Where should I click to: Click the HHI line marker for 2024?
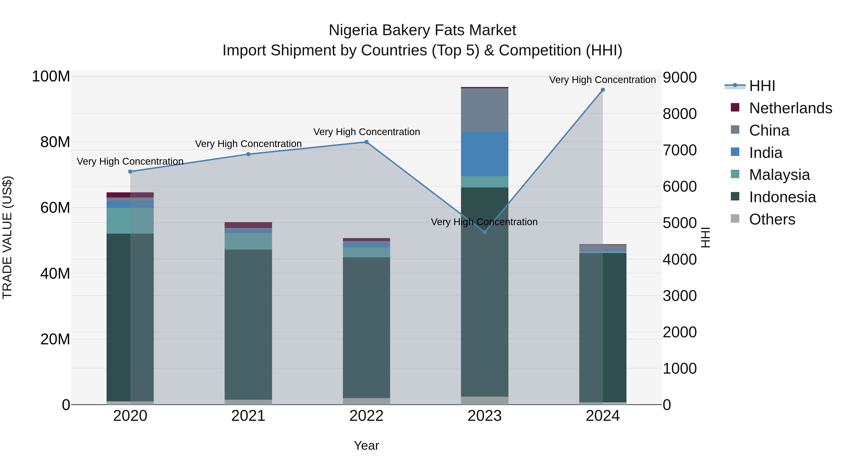[x=603, y=90]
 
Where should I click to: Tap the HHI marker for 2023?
[x=484, y=232]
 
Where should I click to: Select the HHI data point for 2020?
[x=130, y=171]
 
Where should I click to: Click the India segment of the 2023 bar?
[x=484, y=154]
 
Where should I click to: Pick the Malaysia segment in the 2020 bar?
[x=130, y=221]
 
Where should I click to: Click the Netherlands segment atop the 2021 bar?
[x=248, y=225]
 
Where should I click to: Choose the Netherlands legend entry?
[x=791, y=108]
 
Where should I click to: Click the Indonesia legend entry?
[x=782, y=197]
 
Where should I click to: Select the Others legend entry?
[x=772, y=219]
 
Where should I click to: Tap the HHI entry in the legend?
[x=762, y=86]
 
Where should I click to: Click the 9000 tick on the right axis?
[x=679, y=78]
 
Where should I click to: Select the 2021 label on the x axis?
[x=248, y=416]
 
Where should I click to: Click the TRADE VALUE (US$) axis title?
[x=7, y=237]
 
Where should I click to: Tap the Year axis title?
[x=366, y=445]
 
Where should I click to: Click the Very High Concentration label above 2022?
[x=366, y=132]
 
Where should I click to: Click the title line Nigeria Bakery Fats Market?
[x=422, y=30]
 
